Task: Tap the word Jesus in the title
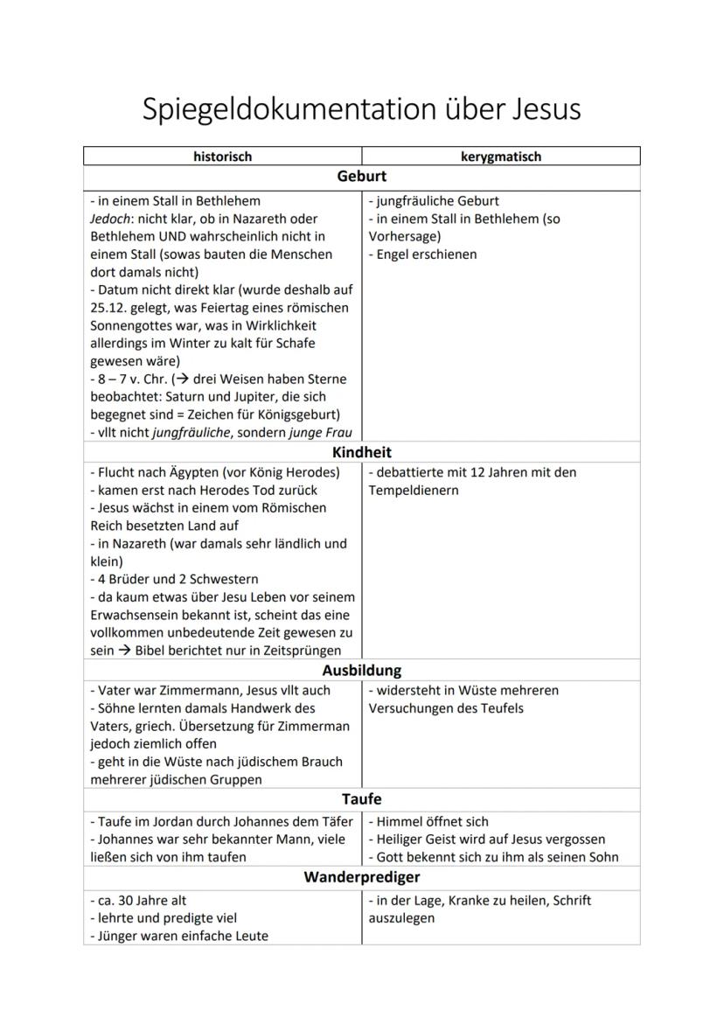click(x=535, y=110)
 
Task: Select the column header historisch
click(x=222, y=157)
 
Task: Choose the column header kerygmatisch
click(x=501, y=157)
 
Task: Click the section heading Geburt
click(x=362, y=177)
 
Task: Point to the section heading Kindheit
click(x=362, y=453)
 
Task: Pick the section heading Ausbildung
click(x=362, y=671)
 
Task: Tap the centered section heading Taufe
click(x=362, y=799)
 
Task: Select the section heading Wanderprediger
click(x=362, y=877)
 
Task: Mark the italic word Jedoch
click(x=110, y=219)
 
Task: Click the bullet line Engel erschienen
click(x=423, y=254)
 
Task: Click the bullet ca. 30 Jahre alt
click(x=138, y=901)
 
